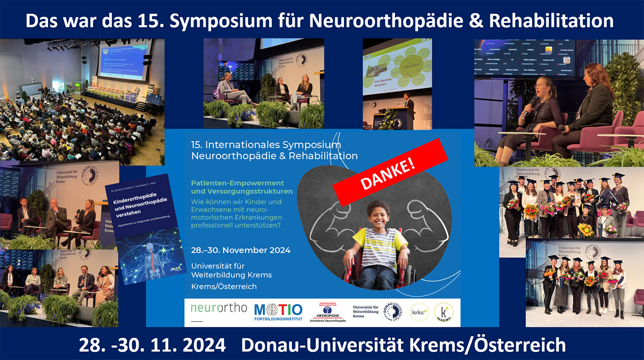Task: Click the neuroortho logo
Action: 219,308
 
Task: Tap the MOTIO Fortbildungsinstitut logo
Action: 278,312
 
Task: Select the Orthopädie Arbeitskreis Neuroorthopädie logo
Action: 328,312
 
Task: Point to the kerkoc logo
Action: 419,312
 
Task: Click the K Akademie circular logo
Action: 444,312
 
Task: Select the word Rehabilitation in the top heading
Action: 551,21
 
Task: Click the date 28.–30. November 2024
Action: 240,250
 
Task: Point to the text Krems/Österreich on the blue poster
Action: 224,286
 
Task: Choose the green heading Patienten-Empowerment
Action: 237,183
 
